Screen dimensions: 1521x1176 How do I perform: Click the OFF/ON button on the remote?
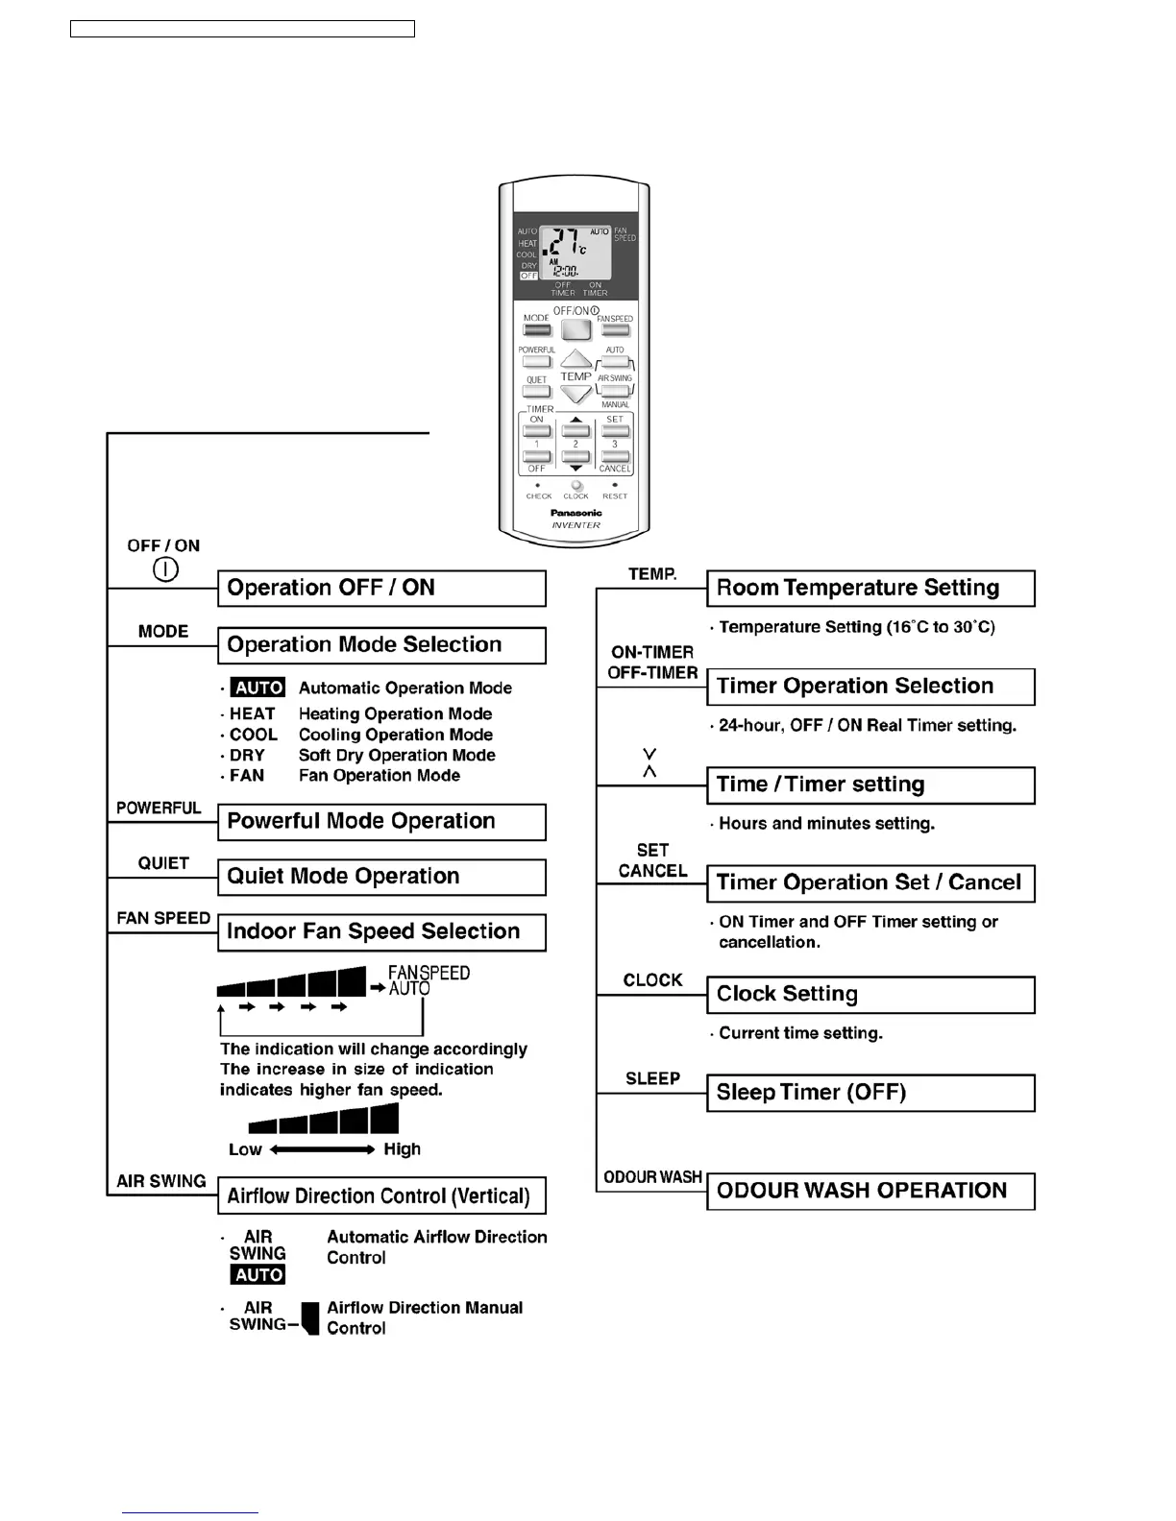tap(576, 330)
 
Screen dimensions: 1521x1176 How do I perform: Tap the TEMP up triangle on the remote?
tap(576, 360)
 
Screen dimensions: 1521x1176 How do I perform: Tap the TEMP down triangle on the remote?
tap(576, 394)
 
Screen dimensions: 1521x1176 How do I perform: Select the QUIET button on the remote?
tap(536, 392)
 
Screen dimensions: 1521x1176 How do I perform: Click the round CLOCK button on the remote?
tap(576, 486)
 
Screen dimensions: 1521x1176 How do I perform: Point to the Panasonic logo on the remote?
tap(576, 513)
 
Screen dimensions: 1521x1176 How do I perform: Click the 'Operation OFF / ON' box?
tap(381, 588)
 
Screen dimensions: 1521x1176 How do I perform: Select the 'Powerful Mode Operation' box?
tap(381, 822)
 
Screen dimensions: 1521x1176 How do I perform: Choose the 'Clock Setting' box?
tap(870, 995)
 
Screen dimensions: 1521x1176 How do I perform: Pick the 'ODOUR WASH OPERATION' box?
tap(870, 1191)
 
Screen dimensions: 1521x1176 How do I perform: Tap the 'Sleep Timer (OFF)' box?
tap(870, 1093)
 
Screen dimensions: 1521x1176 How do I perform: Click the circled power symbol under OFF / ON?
tap(165, 569)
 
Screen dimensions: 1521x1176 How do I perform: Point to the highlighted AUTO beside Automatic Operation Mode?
tap(258, 688)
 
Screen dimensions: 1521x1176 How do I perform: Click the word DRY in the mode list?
tap(247, 756)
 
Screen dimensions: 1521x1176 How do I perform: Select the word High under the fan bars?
tap(402, 1149)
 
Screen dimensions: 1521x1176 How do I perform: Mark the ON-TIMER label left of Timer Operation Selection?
tap(652, 652)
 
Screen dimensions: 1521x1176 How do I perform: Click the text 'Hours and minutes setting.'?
tap(826, 824)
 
